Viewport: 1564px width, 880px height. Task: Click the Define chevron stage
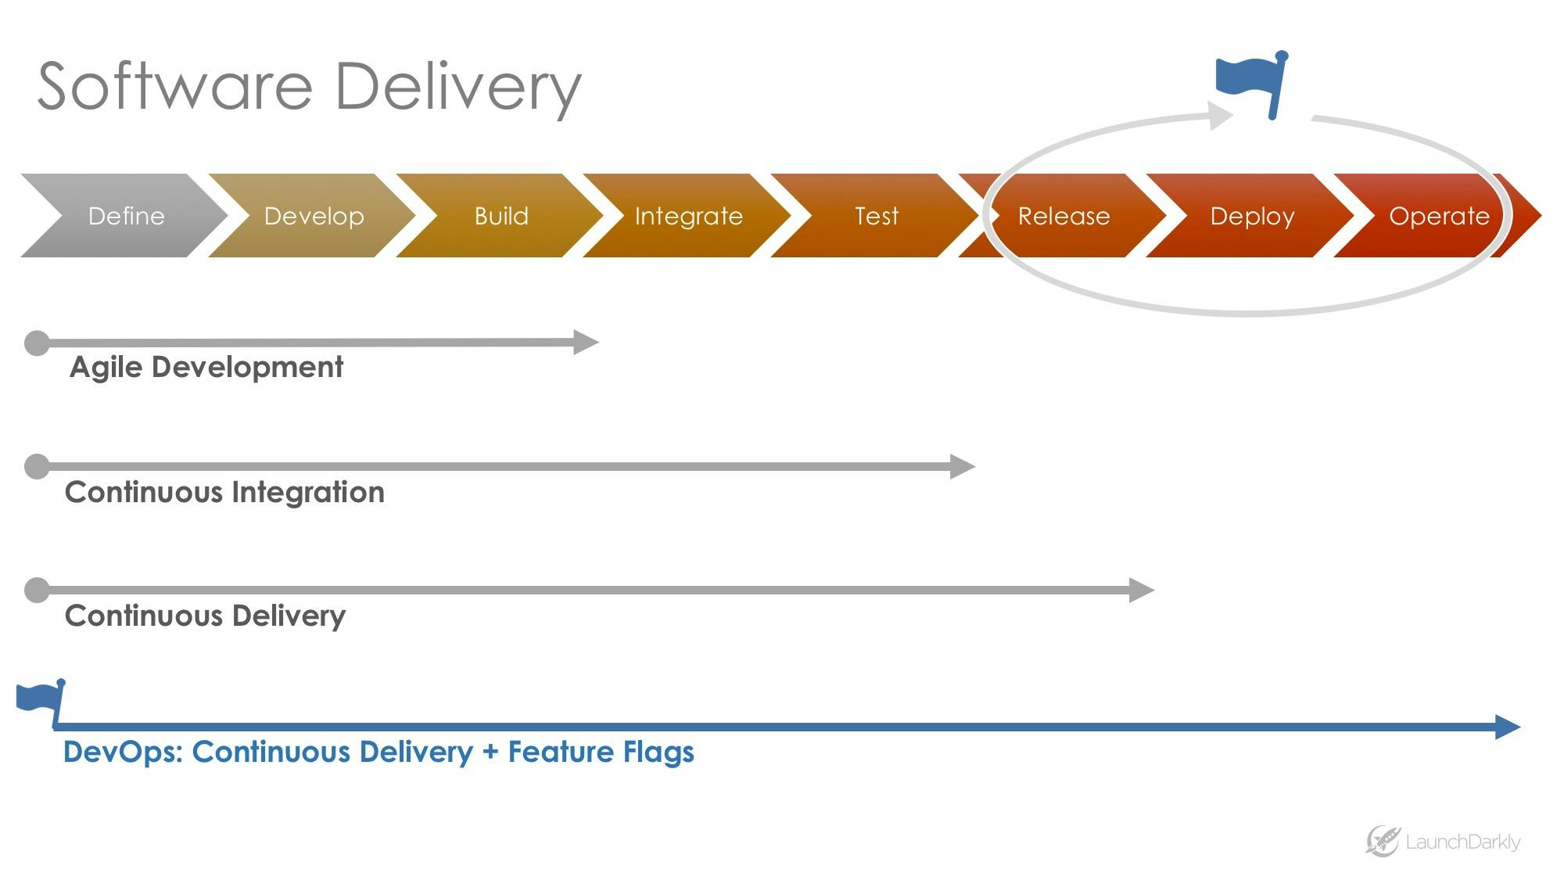pos(125,216)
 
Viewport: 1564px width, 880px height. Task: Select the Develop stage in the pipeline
pos(314,216)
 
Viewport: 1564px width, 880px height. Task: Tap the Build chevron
pos(501,216)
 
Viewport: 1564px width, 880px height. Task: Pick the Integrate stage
pos(688,216)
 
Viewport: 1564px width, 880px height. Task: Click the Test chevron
pos(876,216)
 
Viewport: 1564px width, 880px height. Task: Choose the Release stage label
pos(1064,216)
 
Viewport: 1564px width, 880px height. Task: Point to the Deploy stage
pos(1252,216)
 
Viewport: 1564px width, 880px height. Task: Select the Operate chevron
pos(1439,216)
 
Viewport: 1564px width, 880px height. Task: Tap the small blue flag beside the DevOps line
pos(41,698)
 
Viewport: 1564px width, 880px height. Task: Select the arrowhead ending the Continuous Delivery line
pos(1141,590)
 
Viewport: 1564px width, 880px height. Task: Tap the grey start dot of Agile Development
pos(37,343)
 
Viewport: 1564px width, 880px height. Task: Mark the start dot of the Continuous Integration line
pos(37,466)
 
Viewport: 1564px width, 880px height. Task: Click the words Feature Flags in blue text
pos(601,752)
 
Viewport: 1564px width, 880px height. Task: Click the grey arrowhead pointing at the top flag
pos(1220,116)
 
